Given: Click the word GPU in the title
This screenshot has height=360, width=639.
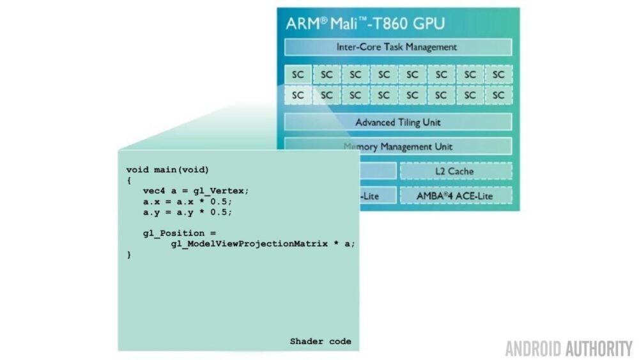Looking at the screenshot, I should pyautogui.click(x=426, y=24).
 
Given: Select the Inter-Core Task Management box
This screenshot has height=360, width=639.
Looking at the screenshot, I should pyautogui.click(x=397, y=47).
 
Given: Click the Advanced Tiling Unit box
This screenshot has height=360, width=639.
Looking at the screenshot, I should pyautogui.click(x=397, y=122).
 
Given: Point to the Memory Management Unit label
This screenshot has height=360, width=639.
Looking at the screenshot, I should pyautogui.click(x=397, y=146).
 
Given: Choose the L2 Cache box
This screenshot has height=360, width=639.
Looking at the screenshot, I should pyautogui.click(x=456, y=171).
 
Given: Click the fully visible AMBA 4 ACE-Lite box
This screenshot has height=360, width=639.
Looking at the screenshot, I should pyautogui.click(x=456, y=196).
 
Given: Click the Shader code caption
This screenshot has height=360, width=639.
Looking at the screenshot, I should pyautogui.click(x=320, y=341).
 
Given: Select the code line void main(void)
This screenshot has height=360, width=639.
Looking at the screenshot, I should pyautogui.click(x=167, y=169).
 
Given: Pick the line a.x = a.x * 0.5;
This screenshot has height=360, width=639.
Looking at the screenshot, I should pyautogui.click(x=188, y=201).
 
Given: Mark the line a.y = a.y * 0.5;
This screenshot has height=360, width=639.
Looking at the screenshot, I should pyautogui.click(x=188, y=212).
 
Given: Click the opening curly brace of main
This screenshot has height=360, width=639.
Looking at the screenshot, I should pyautogui.click(x=129, y=180).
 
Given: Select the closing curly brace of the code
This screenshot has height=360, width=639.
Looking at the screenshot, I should pyautogui.click(x=129, y=254).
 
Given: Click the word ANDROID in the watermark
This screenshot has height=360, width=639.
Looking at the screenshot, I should pyautogui.click(x=533, y=348).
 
